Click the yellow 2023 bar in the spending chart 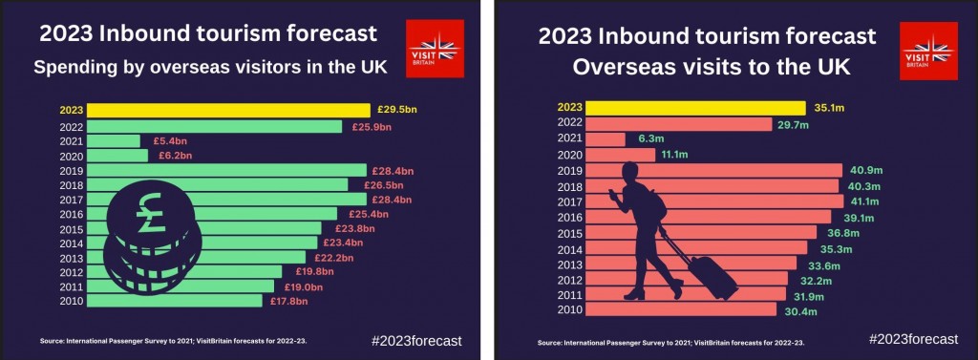[228, 111]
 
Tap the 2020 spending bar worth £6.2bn [117, 156]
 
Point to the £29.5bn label [397, 111]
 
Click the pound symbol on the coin [152, 212]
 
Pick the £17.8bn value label [289, 302]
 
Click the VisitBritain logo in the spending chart [435, 48]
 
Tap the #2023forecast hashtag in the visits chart [913, 339]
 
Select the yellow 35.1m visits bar [696, 108]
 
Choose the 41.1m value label [864, 201]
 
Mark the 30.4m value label [797, 310]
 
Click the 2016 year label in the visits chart [570, 217]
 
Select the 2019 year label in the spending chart [71, 171]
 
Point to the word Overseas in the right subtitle [615, 68]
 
